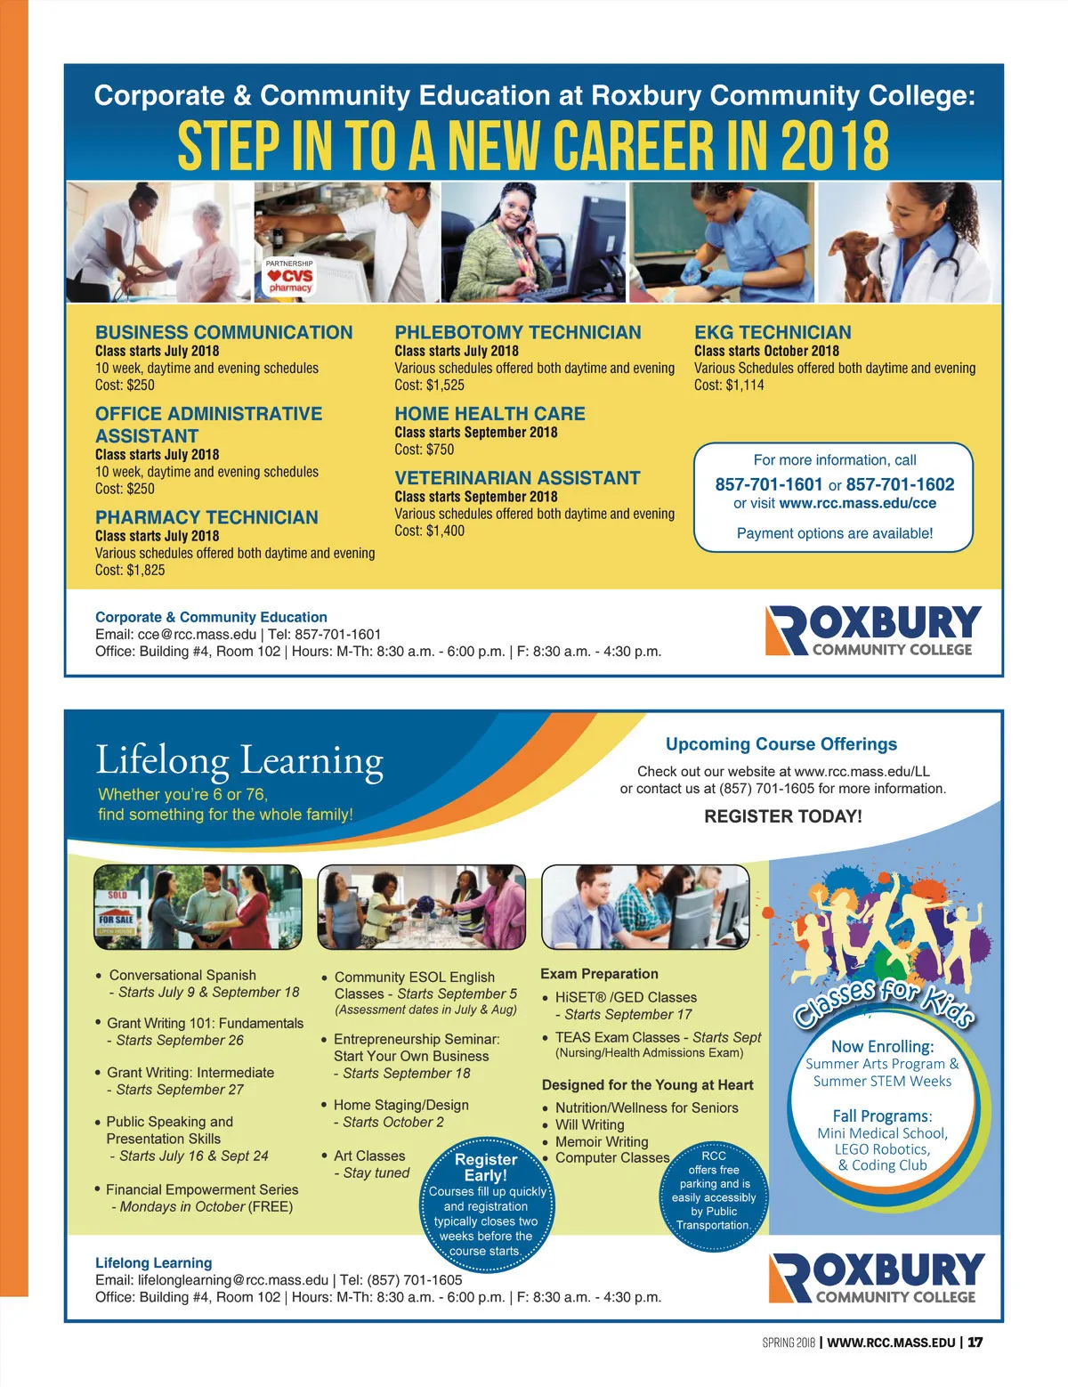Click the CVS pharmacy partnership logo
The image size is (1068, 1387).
(x=290, y=277)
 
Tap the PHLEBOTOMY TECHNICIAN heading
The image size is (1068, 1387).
(x=517, y=332)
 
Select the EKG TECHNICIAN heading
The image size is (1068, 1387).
(x=773, y=332)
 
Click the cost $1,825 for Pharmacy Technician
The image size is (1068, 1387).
(x=130, y=570)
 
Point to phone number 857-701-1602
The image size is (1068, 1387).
(x=900, y=484)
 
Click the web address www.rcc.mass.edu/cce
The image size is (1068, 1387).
(x=857, y=503)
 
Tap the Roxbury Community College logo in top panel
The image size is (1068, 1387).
(x=873, y=630)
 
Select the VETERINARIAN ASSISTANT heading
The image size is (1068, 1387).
(x=517, y=478)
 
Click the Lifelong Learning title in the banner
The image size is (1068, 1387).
(x=239, y=761)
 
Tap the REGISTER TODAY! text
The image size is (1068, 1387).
(x=782, y=816)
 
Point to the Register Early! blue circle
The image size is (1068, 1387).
(x=486, y=1198)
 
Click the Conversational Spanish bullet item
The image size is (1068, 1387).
(x=182, y=975)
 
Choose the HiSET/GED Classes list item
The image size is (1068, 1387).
(x=626, y=997)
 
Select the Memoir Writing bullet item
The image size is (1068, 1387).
(x=602, y=1141)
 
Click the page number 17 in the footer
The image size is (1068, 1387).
(x=975, y=1342)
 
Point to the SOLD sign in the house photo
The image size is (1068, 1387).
(x=117, y=895)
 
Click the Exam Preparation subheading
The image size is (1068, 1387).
(x=599, y=974)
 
